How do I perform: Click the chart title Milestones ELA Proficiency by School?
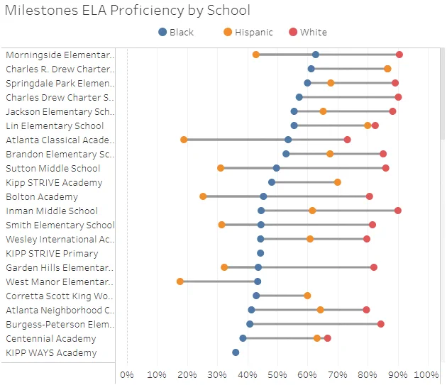tap(128, 10)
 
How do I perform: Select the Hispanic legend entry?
tap(248, 32)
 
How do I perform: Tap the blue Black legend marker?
tap(162, 32)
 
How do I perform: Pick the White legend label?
tap(314, 32)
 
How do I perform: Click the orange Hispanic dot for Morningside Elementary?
tap(256, 55)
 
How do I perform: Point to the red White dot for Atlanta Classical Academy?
tap(347, 140)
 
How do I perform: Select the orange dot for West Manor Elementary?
tap(180, 281)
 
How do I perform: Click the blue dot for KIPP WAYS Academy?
tap(236, 352)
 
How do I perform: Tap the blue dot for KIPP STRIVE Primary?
tap(260, 253)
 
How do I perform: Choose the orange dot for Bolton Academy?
tap(203, 196)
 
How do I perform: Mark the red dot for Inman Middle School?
tap(398, 211)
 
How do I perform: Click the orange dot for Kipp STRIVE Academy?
tap(338, 182)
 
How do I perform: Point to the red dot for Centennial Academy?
tap(328, 338)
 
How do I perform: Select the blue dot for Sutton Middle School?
tap(276, 168)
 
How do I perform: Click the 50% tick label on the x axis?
tap(277, 374)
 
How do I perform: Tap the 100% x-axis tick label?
tap(426, 374)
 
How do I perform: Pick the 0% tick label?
tap(127, 374)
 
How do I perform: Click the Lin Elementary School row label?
tap(55, 125)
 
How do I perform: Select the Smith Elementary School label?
tap(60, 225)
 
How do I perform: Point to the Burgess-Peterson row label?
tap(60, 324)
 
